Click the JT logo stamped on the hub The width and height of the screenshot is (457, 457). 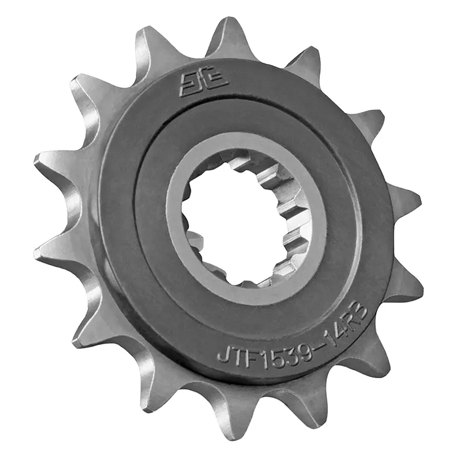tap(204, 85)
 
